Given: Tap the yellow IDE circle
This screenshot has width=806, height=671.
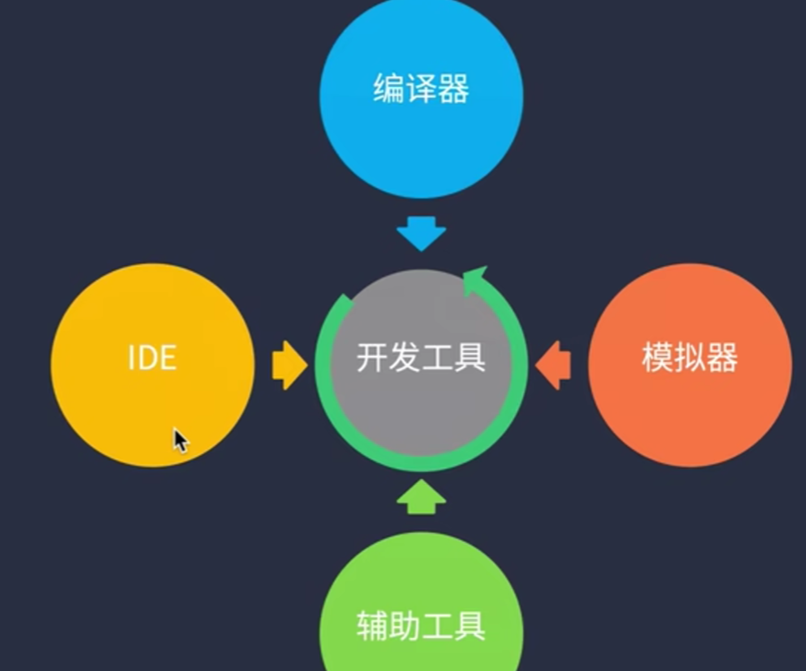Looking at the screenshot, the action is [x=152, y=403].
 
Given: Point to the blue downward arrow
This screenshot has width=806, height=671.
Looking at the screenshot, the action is [x=421, y=233].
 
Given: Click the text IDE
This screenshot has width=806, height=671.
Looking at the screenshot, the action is [x=152, y=357].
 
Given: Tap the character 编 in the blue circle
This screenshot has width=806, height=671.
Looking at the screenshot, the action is [x=389, y=88].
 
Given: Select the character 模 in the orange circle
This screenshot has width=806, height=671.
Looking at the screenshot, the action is [x=658, y=357].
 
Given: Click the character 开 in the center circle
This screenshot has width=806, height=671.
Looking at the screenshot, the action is [x=372, y=357].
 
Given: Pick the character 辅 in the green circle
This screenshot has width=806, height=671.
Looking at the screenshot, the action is [x=372, y=626].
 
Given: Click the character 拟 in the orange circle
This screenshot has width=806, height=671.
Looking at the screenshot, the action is [x=690, y=357].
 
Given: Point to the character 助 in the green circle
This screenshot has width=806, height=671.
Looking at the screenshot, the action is [x=405, y=626].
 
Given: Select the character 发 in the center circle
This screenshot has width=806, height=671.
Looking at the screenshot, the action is [x=405, y=357].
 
